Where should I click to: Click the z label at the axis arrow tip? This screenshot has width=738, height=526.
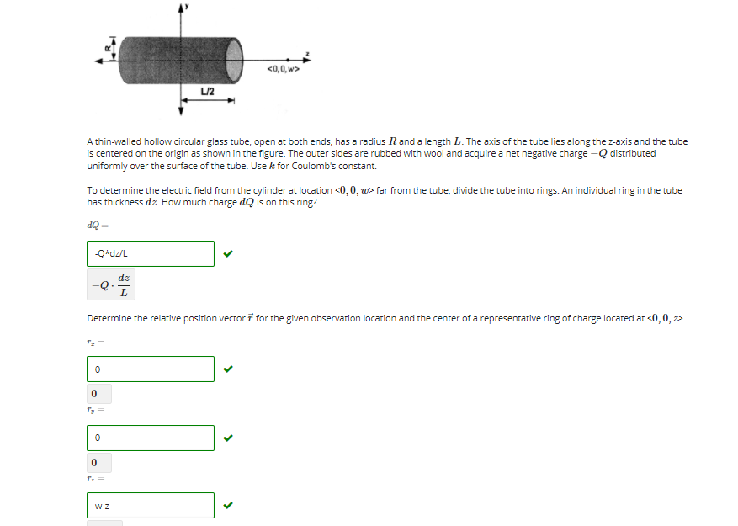click(308, 54)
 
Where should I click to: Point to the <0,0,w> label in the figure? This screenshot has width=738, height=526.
click(283, 69)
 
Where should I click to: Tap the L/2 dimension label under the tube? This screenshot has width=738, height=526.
click(208, 91)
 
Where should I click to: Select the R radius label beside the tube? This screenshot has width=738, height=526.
click(107, 49)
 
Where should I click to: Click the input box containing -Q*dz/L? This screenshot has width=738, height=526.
click(151, 253)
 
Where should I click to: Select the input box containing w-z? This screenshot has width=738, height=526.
click(151, 506)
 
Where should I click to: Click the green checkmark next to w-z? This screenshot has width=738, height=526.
click(227, 506)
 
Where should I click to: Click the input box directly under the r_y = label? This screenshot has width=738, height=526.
click(151, 438)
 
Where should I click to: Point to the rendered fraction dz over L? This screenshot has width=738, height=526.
click(124, 285)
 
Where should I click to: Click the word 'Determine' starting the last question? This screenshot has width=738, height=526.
click(106, 318)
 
